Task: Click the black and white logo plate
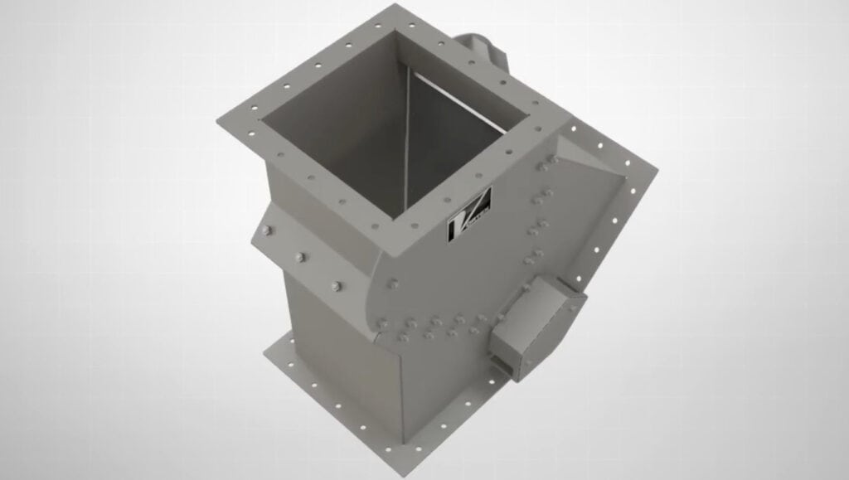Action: coord(469,216)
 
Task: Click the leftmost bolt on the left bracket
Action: coord(265,231)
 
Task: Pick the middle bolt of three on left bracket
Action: coord(300,258)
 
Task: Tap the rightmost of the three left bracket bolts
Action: coord(336,286)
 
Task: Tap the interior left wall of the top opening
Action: coord(332,124)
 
